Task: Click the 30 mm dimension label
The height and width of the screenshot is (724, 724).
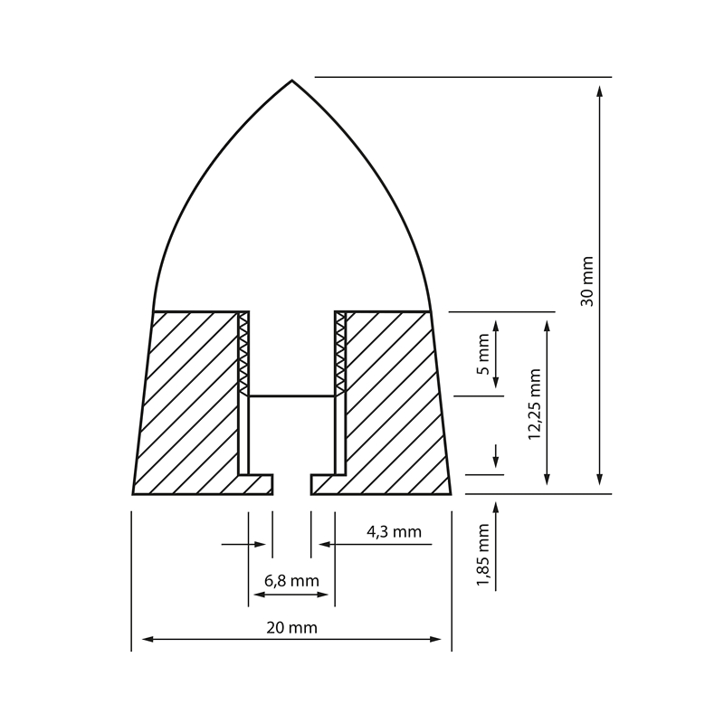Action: point(587,281)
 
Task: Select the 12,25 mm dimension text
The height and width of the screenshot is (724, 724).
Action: point(535,404)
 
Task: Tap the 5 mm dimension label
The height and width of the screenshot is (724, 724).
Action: point(483,354)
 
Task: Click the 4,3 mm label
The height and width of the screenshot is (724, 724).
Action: point(394,532)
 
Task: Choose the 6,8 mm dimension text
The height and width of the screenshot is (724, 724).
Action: point(291,580)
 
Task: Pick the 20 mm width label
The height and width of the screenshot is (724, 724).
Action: point(291,626)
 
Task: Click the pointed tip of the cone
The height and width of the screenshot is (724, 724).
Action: point(291,81)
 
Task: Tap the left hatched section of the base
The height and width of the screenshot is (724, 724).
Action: point(190,398)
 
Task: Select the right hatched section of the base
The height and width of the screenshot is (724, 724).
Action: point(394,398)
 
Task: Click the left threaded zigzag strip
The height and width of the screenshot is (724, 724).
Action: point(243,353)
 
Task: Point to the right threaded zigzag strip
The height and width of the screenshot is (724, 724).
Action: point(340,353)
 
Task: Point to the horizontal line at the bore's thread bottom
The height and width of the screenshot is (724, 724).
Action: point(291,395)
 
